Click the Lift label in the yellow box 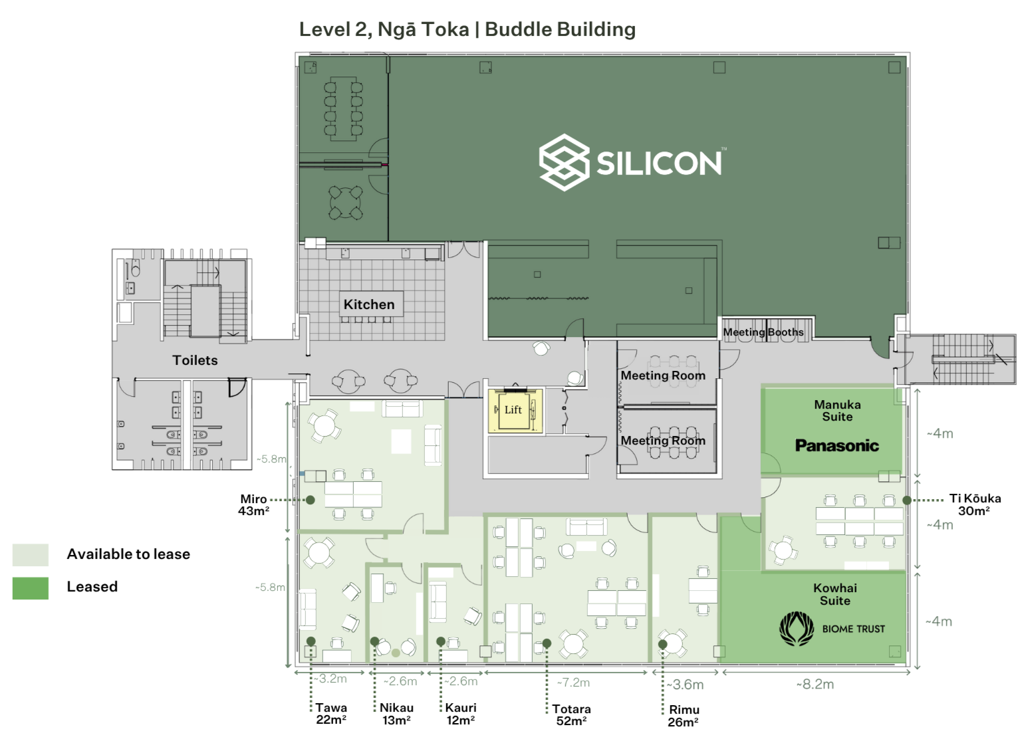click(x=513, y=410)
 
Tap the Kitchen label click(x=369, y=304)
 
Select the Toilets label click(x=195, y=360)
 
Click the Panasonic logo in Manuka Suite click(x=837, y=446)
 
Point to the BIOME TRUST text click(x=853, y=629)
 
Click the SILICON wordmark click(x=658, y=163)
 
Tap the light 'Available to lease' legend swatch click(x=31, y=554)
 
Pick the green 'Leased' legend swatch click(x=31, y=587)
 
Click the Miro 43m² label click(x=254, y=505)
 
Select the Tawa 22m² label click(x=331, y=714)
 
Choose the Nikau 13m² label click(x=397, y=714)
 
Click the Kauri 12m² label click(x=461, y=714)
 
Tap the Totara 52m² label click(x=571, y=715)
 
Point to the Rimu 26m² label click(x=684, y=716)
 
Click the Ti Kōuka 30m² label click(x=974, y=504)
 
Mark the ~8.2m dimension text click(x=815, y=684)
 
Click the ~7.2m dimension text click(x=573, y=683)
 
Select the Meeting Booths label click(x=763, y=332)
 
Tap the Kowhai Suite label click(x=835, y=594)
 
